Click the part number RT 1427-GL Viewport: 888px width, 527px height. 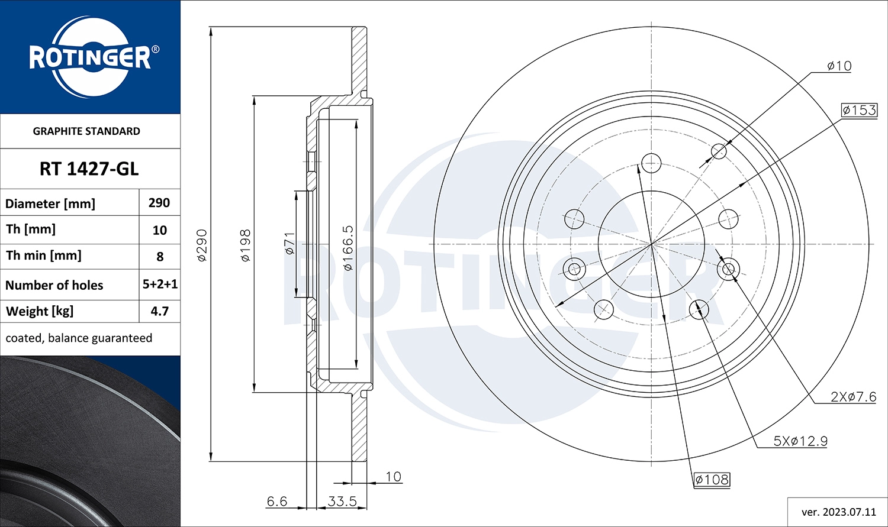[x=89, y=169]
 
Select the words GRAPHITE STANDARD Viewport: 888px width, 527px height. [x=86, y=131]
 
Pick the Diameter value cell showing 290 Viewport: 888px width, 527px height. [x=159, y=203]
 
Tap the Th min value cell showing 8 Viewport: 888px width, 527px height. [x=160, y=257]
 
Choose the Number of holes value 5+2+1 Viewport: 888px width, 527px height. [x=160, y=284]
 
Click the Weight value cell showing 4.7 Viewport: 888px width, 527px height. [x=160, y=311]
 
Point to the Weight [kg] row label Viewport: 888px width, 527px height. [x=40, y=311]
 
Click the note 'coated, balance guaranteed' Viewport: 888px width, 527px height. [x=79, y=338]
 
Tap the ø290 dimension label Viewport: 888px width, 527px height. [x=202, y=245]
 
